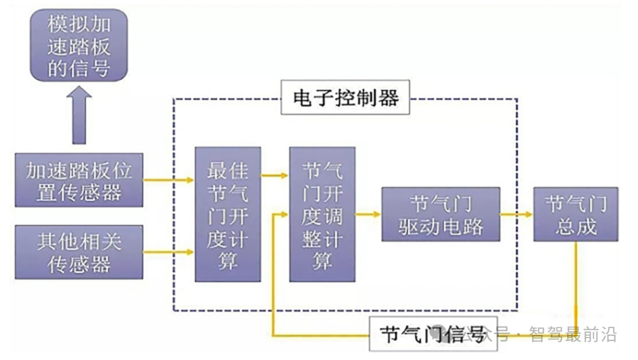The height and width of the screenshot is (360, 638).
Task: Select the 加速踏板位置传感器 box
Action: point(79,180)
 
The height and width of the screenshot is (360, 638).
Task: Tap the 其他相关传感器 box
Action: point(79,252)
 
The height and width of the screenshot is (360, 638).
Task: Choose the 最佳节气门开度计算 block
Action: point(228,214)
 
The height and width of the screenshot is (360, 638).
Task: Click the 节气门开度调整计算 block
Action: point(322,214)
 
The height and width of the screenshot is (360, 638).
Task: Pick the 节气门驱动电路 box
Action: point(441,214)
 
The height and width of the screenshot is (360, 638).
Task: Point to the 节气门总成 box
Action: point(575,214)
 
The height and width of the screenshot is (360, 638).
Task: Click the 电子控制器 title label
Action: point(346,98)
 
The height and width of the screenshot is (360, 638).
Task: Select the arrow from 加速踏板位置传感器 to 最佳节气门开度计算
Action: point(169,180)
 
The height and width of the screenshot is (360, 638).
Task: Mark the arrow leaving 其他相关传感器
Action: point(169,252)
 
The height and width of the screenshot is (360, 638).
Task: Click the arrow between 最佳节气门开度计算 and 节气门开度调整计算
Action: point(275,175)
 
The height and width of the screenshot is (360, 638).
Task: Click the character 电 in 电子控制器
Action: point(303,98)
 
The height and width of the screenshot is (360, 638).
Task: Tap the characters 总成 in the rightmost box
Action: point(575,226)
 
